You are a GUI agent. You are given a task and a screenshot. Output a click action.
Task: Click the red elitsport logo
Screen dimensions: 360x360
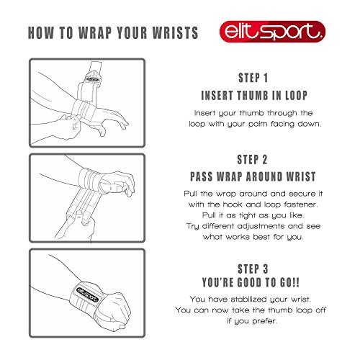pos(272,32)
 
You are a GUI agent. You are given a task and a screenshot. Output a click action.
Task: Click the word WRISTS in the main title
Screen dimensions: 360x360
pos(176,32)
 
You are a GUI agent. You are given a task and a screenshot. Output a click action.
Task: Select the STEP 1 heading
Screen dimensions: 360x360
pos(253,78)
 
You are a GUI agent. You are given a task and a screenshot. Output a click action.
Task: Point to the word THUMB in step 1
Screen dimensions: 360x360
pos(253,96)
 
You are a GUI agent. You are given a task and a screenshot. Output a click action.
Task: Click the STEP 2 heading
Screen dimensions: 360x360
pos(252,160)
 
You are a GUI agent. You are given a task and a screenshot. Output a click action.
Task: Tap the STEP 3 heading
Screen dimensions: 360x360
pos(253,269)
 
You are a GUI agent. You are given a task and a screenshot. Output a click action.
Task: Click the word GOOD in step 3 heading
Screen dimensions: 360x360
pos(249,282)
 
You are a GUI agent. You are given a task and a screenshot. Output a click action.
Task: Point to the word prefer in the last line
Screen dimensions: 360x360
pos(265,321)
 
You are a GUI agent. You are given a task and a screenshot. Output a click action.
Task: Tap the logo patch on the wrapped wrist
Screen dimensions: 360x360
pos(87,294)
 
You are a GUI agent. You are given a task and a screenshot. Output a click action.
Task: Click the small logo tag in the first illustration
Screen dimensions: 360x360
pos(92,79)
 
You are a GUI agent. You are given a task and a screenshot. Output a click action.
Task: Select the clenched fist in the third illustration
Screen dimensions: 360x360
pos(113,311)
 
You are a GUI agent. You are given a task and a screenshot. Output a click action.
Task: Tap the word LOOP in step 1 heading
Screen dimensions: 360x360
pos(296,96)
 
